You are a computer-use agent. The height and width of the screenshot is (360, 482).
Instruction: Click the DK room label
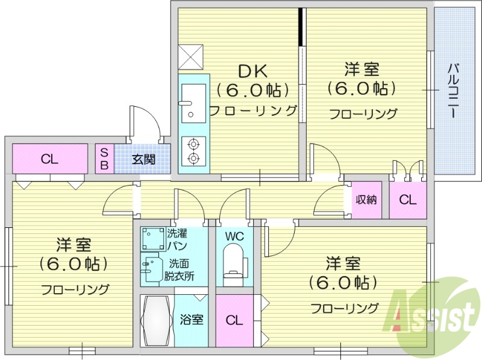click(252, 71)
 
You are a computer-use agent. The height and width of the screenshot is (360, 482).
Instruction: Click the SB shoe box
click(104, 159)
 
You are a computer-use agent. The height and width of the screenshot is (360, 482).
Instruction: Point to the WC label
click(235, 236)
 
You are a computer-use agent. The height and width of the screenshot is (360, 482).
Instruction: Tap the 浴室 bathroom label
click(192, 320)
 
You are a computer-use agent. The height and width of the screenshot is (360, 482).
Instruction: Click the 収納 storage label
click(365, 200)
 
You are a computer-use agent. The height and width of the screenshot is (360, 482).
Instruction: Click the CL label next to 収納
click(408, 200)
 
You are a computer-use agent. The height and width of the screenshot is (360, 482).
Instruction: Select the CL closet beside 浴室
click(234, 320)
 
